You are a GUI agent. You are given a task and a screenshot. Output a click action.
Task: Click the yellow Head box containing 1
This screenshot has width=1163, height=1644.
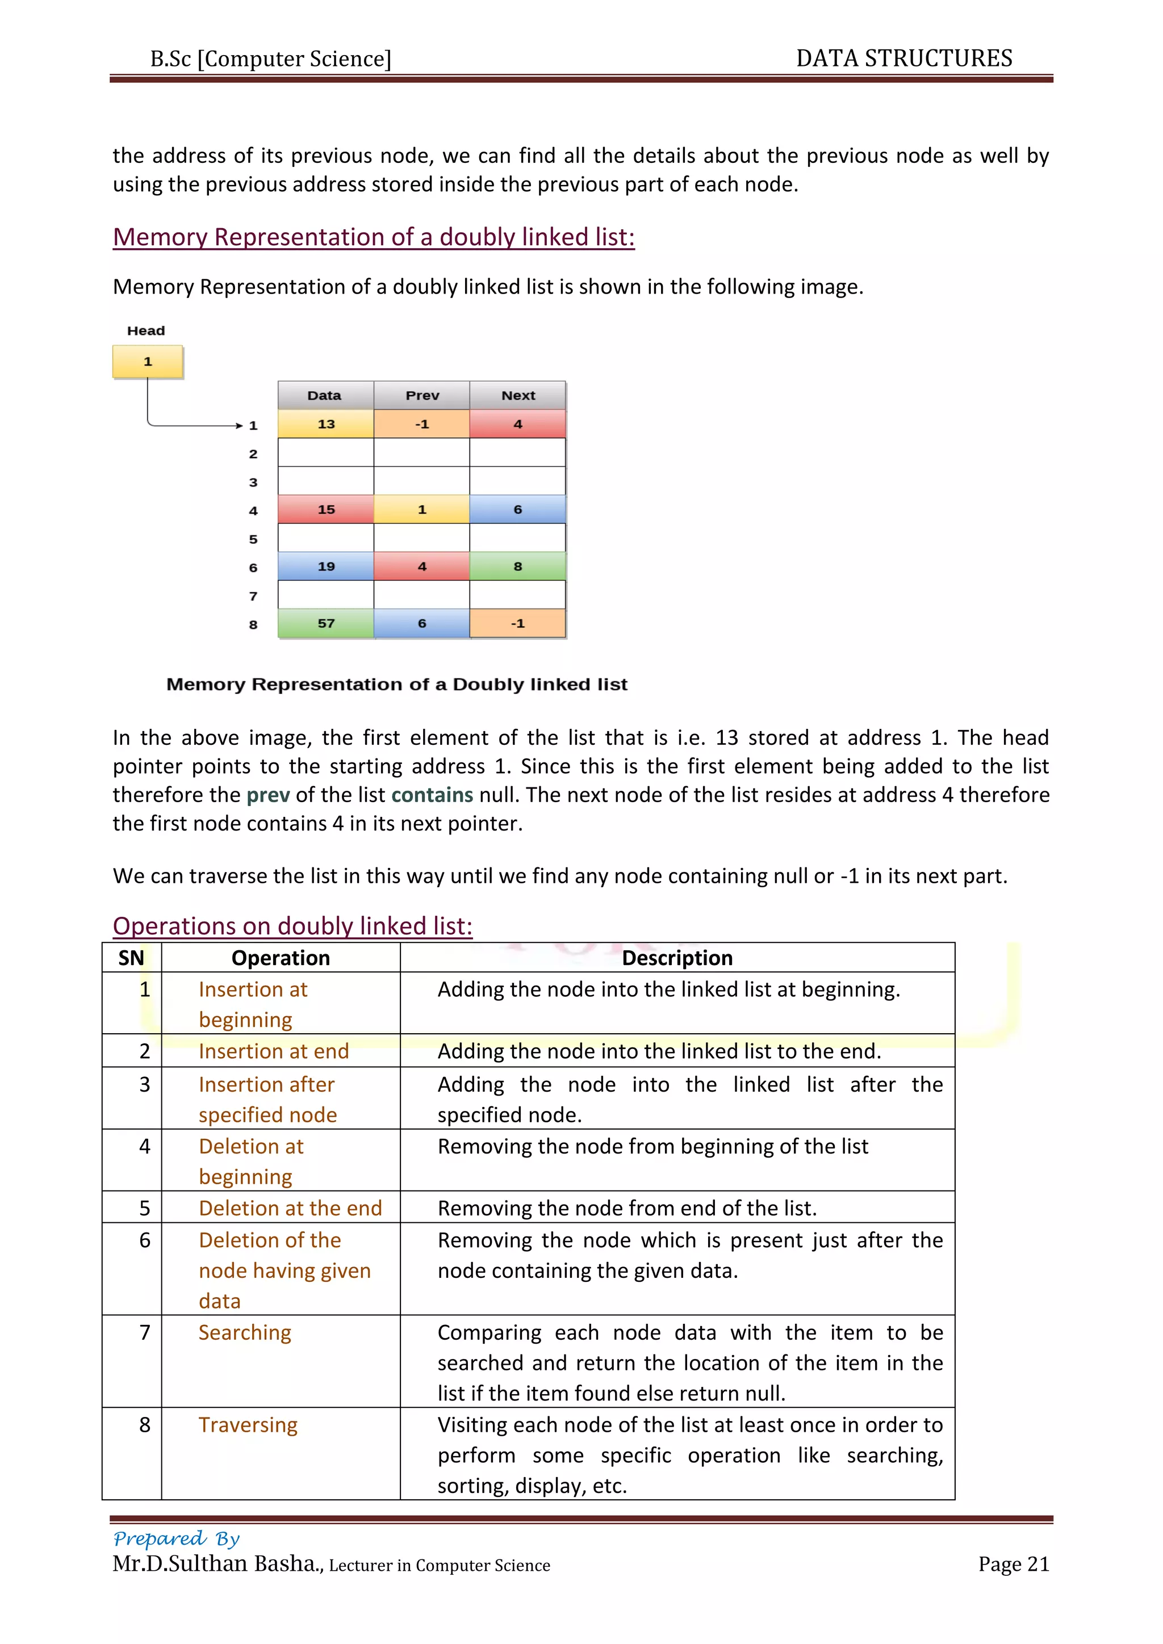click(148, 362)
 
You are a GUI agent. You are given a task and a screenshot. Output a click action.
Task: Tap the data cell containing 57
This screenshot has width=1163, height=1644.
click(326, 624)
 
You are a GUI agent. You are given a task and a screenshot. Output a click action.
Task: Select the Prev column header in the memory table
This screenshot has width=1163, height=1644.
click(422, 395)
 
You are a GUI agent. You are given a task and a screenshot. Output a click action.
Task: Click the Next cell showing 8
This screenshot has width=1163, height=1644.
click(518, 567)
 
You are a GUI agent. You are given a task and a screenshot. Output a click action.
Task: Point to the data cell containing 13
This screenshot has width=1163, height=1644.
click(326, 424)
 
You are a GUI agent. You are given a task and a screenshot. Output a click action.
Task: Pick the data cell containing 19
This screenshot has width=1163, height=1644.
click(326, 567)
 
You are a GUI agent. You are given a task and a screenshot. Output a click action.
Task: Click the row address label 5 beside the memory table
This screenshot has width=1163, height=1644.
click(253, 539)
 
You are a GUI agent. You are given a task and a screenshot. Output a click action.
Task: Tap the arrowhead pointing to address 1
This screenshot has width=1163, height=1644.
click(239, 425)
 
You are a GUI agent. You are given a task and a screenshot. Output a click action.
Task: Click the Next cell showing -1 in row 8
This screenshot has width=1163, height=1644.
click(518, 624)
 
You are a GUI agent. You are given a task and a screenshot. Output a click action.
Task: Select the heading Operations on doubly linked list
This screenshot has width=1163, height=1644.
click(292, 926)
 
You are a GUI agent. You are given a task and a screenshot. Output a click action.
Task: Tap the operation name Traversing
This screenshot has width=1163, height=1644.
click(248, 1425)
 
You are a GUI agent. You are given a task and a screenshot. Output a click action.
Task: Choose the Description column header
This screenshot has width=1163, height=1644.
click(677, 958)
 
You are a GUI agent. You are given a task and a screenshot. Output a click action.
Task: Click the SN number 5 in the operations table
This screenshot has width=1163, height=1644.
click(145, 1209)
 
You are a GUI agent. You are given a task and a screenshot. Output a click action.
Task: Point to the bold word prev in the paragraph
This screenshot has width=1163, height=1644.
click(268, 795)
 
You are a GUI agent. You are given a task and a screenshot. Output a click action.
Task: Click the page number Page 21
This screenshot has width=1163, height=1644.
click(1013, 1565)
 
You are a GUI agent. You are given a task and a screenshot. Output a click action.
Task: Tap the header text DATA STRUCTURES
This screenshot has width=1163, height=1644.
click(903, 58)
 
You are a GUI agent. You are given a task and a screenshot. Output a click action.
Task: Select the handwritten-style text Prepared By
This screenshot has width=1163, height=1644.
click(176, 1539)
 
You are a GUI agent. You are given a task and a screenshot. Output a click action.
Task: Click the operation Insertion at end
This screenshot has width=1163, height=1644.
click(274, 1051)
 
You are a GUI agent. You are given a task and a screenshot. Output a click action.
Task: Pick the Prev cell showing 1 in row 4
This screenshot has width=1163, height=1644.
click(422, 510)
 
